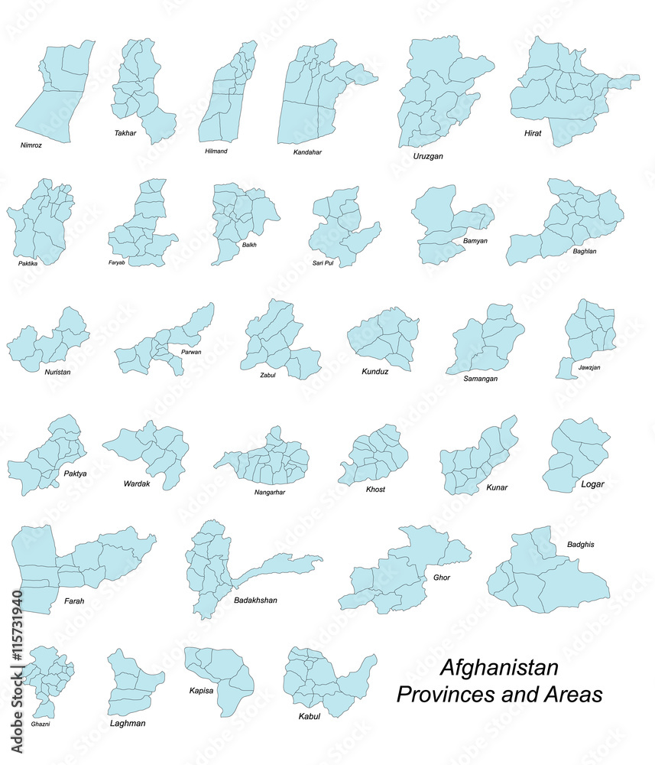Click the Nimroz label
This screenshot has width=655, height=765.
click(31, 144)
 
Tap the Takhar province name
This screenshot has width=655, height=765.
click(125, 133)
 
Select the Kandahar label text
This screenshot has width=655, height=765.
click(307, 152)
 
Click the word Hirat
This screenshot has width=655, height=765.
click(533, 133)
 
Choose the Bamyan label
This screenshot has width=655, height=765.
click(475, 241)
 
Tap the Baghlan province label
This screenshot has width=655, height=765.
click(585, 251)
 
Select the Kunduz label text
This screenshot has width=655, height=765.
click(375, 372)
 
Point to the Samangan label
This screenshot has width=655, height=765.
click(481, 379)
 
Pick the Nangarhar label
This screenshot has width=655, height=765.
click(270, 492)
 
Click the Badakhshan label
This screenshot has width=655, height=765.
click(255, 601)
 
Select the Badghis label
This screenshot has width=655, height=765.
click(581, 545)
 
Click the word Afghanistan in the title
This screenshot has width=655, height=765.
click(499, 667)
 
